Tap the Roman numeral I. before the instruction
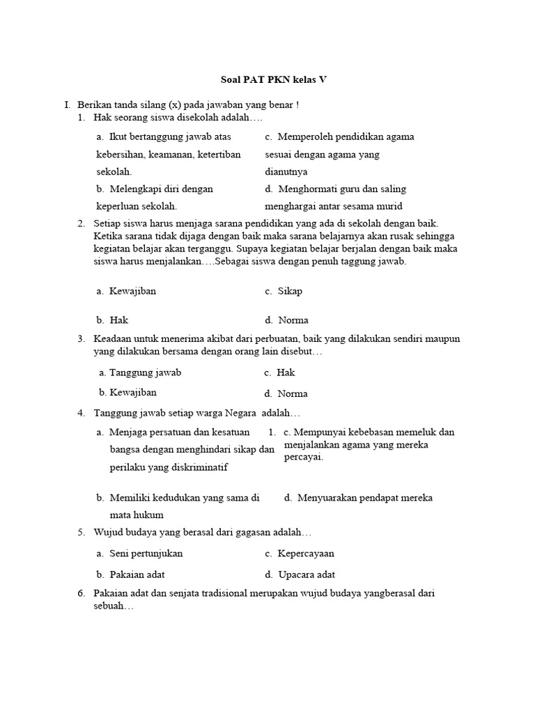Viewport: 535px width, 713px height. [67, 104]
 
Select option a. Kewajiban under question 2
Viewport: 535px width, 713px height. [126, 291]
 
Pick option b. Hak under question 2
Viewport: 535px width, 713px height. [113, 320]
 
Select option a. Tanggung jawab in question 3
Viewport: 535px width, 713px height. [140, 373]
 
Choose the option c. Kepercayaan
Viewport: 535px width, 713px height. [300, 554]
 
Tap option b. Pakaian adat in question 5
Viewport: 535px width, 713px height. [131, 574]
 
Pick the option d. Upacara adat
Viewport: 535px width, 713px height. [300, 574]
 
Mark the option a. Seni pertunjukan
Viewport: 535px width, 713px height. [140, 554]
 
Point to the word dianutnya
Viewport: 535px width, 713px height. [286, 171]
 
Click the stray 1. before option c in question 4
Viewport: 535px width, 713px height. [273, 432]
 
